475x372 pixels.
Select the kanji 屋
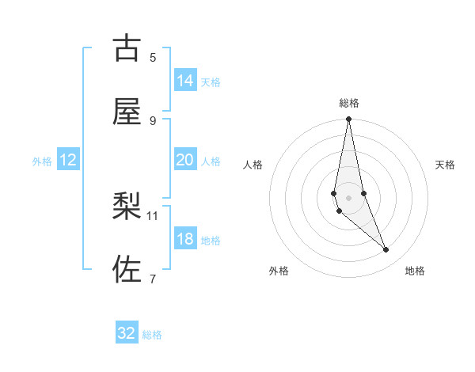tap(127, 112)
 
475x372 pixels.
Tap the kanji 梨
tap(127, 207)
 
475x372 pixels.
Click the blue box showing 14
tap(185, 81)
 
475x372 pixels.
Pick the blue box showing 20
tap(185, 160)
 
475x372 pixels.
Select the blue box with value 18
tap(185, 239)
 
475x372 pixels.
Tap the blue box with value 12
tap(68, 160)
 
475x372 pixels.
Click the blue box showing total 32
tap(127, 333)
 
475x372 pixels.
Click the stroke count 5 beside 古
tap(153, 57)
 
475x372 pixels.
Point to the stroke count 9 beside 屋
tap(153, 120)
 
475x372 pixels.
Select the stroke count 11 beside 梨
tap(153, 215)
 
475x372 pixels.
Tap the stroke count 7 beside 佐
tap(153, 279)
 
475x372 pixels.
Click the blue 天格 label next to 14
tap(211, 82)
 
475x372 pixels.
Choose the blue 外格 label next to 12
tap(42, 161)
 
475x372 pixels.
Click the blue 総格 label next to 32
tap(152, 335)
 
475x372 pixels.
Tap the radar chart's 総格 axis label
tap(349, 103)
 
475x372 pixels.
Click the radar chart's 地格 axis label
tap(415, 271)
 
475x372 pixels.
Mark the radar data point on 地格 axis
tap(386, 250)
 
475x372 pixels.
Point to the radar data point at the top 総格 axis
tap(348, 120)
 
